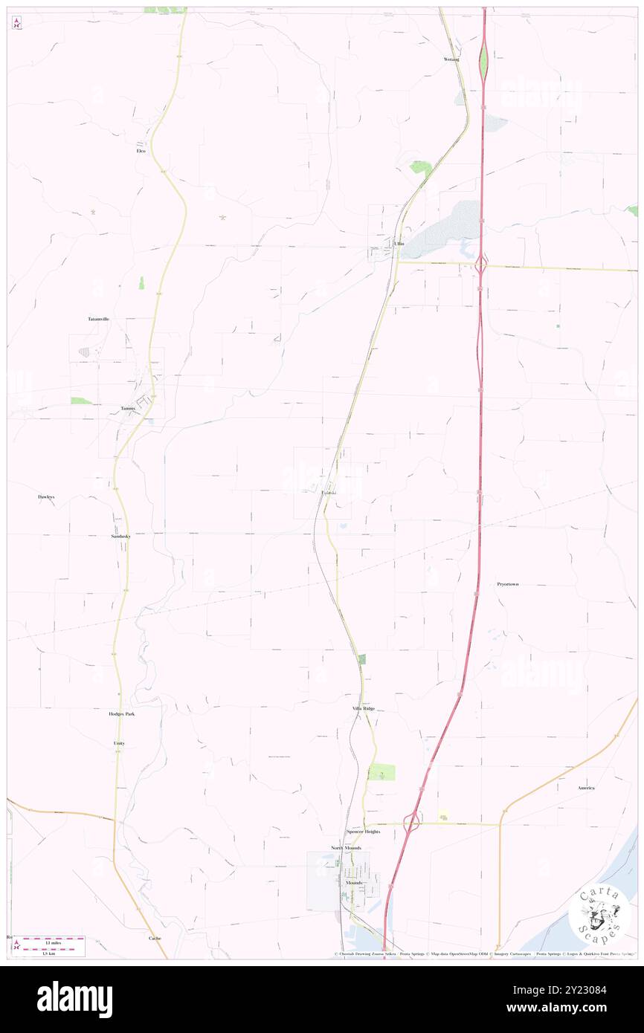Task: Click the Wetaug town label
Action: coord(451,59)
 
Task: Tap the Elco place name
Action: coord(141,151)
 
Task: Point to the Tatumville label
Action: coord(98,319)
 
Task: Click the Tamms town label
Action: coord(128,408)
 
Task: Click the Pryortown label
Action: coord(508,584)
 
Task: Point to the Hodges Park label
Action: coord(122,713)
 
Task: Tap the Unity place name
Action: coord(119,743)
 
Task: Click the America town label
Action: coord(586,787)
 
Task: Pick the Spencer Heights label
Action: coord(363,832)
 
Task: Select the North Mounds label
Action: coord(346,848)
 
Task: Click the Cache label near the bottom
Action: coord(155,938)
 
